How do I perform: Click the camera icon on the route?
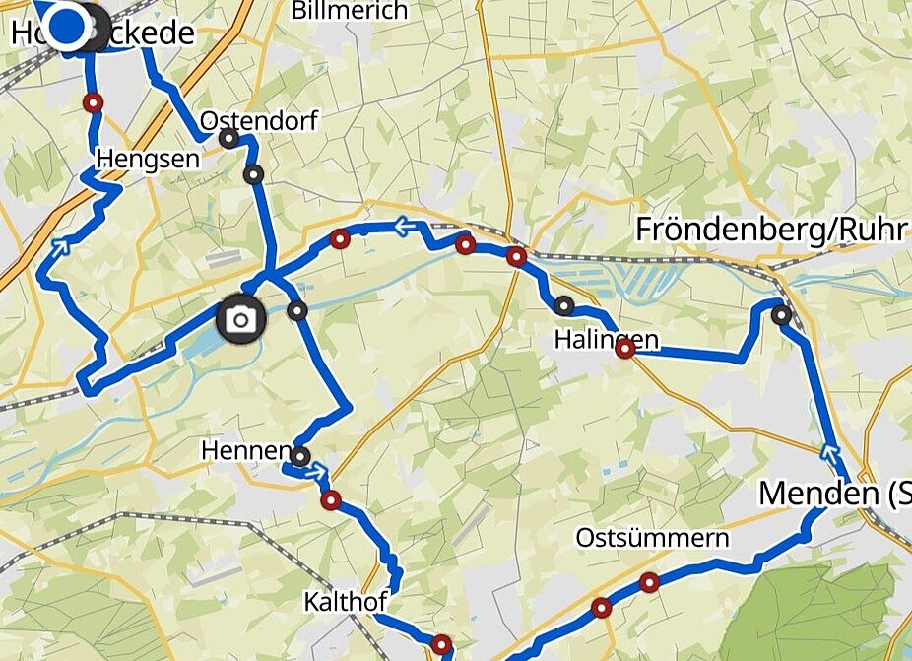(240, 320)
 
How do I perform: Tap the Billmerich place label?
(350, 11)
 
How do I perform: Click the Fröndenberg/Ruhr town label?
(770, 229)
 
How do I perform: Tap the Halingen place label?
(606, 340)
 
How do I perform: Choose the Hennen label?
(245, 451)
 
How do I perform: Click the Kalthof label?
(345, 600)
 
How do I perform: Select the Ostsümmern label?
(652, 537)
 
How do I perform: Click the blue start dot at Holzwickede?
(66, 26)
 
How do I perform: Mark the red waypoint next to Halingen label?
(624, 349)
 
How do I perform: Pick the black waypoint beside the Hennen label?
(299, 456)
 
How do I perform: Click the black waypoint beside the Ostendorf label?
(228, 139)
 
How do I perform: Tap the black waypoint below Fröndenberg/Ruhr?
(781, 315)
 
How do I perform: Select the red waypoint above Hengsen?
(93, 101)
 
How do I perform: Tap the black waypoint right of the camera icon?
(297, 312)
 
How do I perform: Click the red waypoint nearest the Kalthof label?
(440, 644)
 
